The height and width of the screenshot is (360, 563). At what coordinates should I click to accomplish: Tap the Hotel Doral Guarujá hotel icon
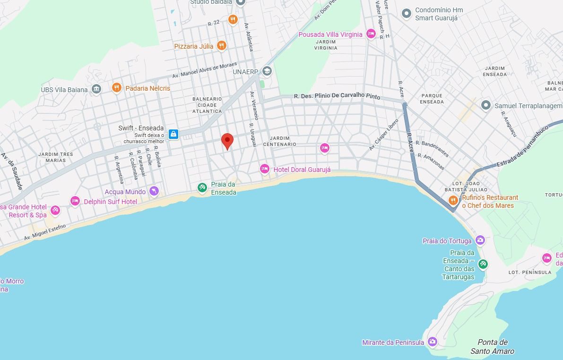coord(265,169)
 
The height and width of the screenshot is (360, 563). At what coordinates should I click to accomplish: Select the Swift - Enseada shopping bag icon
coord(173,134)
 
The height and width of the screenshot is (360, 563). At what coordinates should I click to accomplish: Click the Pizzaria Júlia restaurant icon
coord(221,46)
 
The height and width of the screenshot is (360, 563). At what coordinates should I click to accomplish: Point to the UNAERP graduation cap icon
coord(267,71)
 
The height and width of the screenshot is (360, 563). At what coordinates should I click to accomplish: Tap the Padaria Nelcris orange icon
coord(116,88)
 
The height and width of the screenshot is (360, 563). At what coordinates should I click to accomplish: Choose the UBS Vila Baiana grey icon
coord(96,89)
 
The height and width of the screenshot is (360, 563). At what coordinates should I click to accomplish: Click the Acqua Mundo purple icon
coord(154,191)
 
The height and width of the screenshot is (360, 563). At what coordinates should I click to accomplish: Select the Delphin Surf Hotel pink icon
coord(75,201)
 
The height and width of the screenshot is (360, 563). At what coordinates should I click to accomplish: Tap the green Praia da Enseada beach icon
coord(202,188)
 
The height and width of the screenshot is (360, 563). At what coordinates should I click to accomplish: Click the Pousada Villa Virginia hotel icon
coord(371,34)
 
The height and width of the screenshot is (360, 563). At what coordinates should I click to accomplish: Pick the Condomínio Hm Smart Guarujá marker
coord(406,14)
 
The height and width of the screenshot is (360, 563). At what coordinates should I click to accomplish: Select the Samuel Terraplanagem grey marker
coord(485,105)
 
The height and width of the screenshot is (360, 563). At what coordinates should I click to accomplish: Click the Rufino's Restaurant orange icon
coord(453,200)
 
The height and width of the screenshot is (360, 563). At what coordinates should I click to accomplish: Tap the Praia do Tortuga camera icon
coord(480,240)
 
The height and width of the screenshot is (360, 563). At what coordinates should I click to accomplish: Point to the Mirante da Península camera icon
coord(432,342)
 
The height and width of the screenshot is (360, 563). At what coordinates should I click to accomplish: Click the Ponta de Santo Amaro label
coord(492,346)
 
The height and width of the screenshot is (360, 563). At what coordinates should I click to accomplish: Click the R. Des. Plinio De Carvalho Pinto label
coord(337,96)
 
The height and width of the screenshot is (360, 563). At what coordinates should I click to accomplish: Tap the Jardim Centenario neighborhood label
coord(279,141)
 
